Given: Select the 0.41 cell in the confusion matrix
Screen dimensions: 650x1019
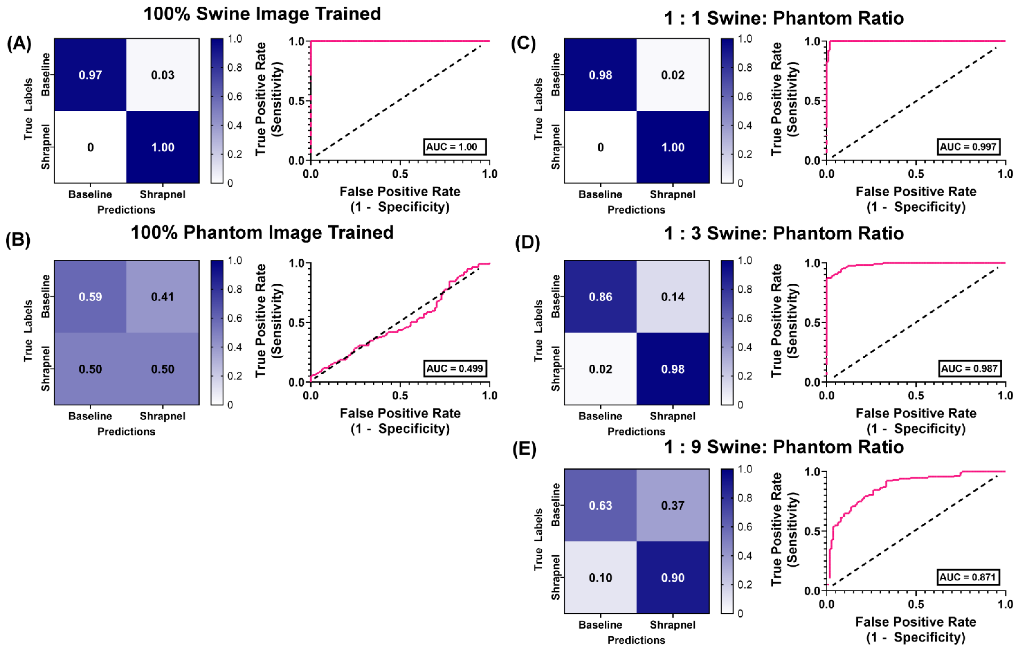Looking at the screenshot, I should pyautogui.click(x=162, y=296).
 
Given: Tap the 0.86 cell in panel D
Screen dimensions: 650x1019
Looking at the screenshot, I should pyautogui.click(x=600, y=296).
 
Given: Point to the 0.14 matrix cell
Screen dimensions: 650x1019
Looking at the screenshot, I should pyautogui.click(x=672, y=296).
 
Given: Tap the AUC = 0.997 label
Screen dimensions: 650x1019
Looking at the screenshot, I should pyautogui.click(x=968, y=147).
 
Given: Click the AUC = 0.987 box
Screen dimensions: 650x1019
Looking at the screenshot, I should pyautogui.click(x=969, y=368).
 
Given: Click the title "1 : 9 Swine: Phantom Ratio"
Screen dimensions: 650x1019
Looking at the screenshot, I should pyautogui.click(x=784, y=447).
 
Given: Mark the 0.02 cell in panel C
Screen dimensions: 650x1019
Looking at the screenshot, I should pyautogui.click(x=672, y=75).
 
